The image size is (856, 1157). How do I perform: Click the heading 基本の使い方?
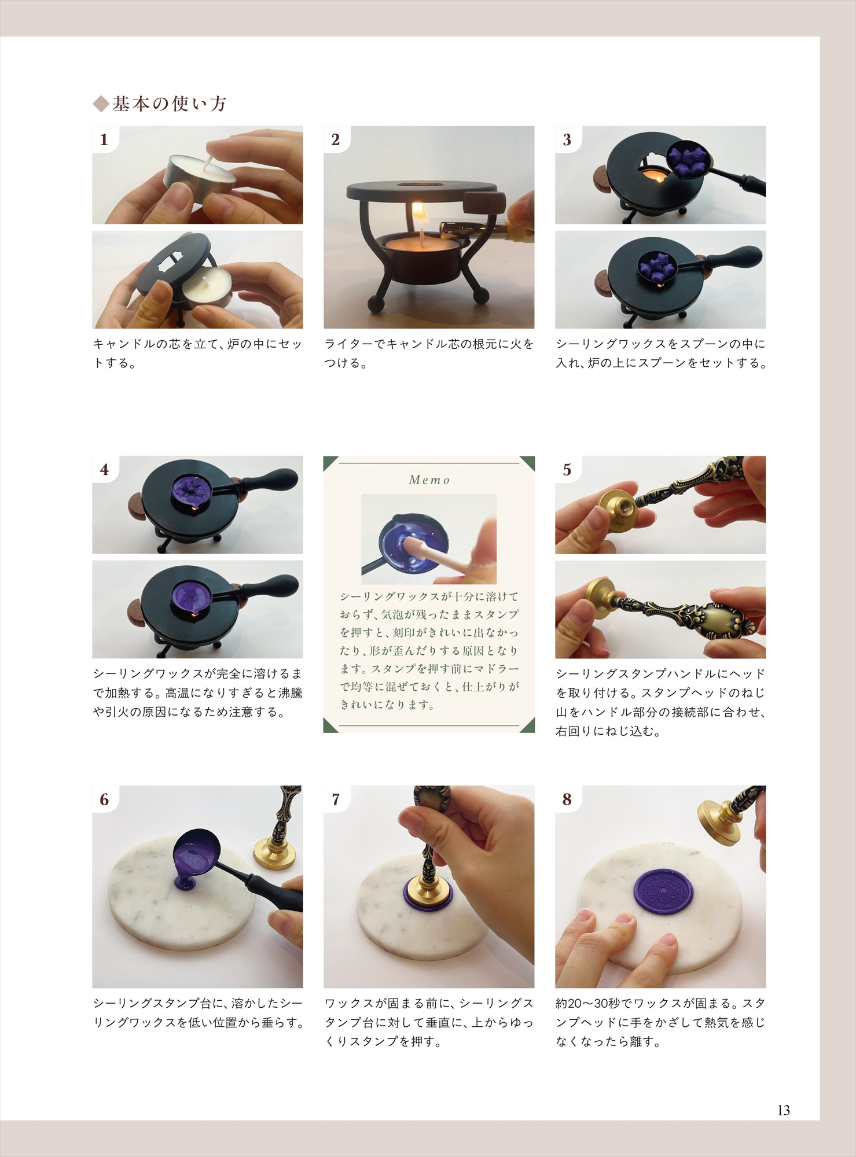(x=169, y=104)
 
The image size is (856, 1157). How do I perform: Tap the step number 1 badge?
(x=104, y=139)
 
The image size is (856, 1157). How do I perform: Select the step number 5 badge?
(x=567, y=469)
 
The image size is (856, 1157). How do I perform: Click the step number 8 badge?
(x=567, y=799)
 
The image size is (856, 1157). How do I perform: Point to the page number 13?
(x=784, y=1110)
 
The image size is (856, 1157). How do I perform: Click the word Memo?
(x=429, y=480)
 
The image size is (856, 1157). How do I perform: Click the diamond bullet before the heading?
(x=101, y=104)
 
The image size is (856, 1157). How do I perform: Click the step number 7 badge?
(x=336, y=799)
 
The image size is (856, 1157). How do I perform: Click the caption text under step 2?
(x=429, y=353)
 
